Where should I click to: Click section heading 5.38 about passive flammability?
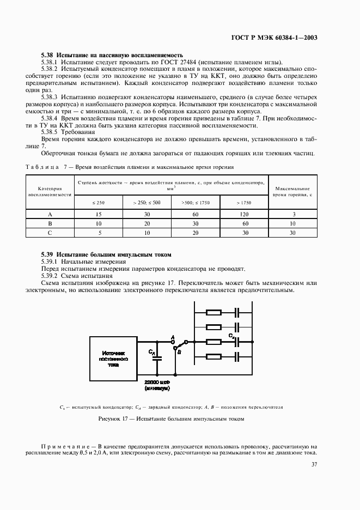(x=105, y=56)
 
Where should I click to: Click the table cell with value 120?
(x=244, y=215)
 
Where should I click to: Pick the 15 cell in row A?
(x=99, y=215)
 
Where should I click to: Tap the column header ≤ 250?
(x=99, y=202)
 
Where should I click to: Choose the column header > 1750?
(x=244, y=202)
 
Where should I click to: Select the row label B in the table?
(x=50, y=224)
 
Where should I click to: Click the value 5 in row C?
(x=99, y=233)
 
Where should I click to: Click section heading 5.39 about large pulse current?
(x=106, y=254)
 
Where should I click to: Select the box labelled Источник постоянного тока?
(x=113, y=360)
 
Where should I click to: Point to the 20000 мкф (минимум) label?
(x=157, y=385)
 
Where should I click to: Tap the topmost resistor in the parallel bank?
(x=213, y=313)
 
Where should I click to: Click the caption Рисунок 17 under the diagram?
(x=171, y=419)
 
